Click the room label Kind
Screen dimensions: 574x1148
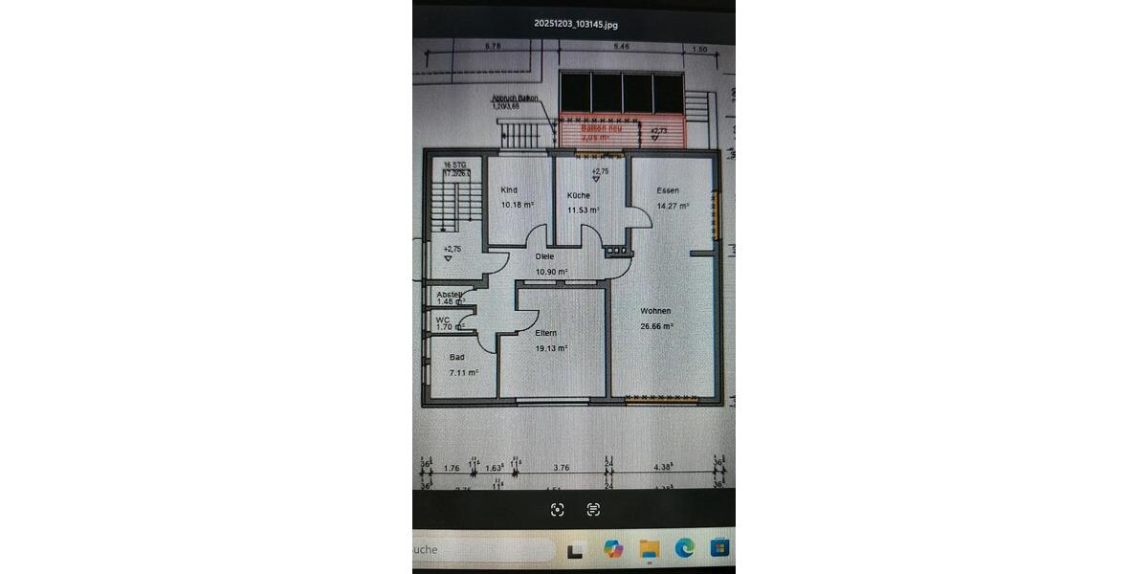(x=509, y=190)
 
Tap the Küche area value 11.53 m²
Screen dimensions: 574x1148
(x=583, y=210)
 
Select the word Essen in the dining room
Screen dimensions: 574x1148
(x=668, y=190)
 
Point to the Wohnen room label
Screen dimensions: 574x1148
(x=655, y=311)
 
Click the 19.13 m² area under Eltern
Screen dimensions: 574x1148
(x=551, y=348)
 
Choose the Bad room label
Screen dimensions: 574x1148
(x=456, y=357)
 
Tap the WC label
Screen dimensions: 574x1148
(x=443, y=320)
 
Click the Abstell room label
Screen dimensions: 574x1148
(x=449, y=294)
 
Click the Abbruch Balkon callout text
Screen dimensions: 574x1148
(x=515, y=99)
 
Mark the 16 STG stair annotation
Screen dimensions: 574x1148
(x=454, y=166)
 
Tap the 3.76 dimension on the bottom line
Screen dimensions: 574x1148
(x=562, y=468)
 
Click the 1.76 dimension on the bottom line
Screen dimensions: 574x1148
(x=452, y=468)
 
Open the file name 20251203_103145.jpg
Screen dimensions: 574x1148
(x=575, y=24)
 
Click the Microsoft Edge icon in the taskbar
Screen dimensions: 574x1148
(x=684, y=548)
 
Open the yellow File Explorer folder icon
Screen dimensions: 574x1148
(x=649, y=548)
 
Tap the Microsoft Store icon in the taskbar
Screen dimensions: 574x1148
(x=718, y=548)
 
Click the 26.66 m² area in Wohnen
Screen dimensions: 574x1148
(x=657, y=326)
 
